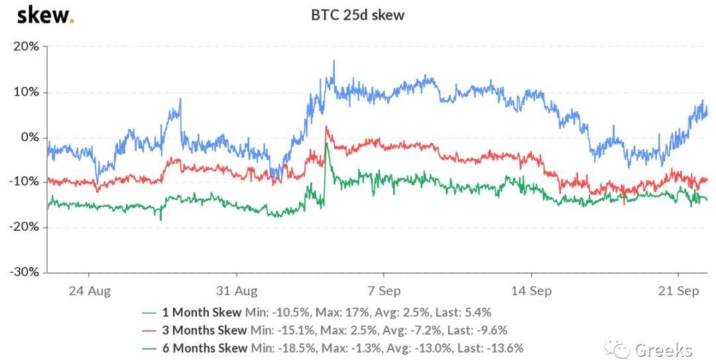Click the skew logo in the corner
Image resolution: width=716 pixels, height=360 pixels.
tap(44, 15)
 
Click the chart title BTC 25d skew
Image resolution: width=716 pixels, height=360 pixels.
tap(357, 15)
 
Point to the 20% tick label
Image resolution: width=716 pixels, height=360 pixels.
tap(26, 47)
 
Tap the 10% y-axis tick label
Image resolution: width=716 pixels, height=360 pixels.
tap(26, 92)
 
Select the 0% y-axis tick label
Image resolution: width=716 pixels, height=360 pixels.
tap(30, 137)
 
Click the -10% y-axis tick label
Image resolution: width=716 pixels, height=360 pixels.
tap(24, 182)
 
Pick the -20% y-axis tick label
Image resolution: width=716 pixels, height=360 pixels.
tap(24, 227)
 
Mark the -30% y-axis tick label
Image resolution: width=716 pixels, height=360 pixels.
tap(24, 272)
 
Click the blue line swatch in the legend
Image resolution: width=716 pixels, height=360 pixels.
tap(150, 312)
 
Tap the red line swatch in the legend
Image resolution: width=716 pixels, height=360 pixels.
tap(150, 330)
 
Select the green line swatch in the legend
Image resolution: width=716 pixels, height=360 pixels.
tap(150, 347)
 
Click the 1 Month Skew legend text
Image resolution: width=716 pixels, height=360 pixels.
tap(202, 312)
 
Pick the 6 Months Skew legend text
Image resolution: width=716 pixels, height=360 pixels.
tap(205, 347)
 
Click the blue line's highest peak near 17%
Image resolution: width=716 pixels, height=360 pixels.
tap(334, 62)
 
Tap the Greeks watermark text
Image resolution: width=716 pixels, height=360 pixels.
tap(663, 350)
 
